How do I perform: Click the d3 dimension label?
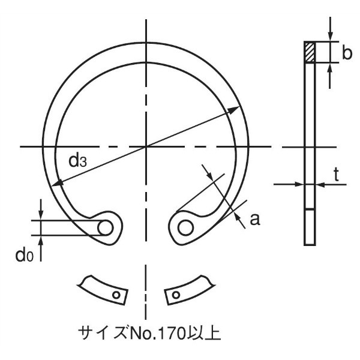click(x=77, y=161)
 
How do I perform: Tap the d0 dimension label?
click(x=25, y=255)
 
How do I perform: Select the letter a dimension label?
click(x=255, y=219)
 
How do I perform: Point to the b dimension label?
click(x=347, y=53)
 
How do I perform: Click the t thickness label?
click(x=337, y=175)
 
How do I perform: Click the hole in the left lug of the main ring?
click(x=106, y=228)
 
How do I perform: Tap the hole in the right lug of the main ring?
click(x=186, y=228)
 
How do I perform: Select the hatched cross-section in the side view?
click(x=310, y=52)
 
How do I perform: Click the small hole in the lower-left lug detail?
click(x=116, y=295)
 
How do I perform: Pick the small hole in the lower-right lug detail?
click(x=176, y=295)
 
